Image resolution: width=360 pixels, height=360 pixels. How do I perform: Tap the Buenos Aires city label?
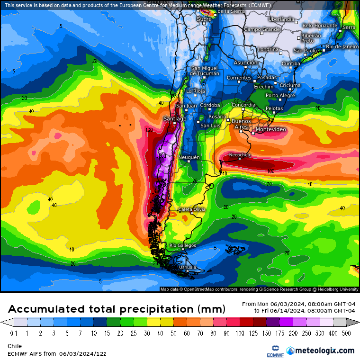pyautogui.click(x=241, y=124)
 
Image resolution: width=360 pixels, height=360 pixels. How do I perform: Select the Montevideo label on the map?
pyautogui.click(x=270, y=129)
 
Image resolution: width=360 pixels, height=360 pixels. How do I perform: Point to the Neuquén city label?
pyautogui.click(x=189, y=157)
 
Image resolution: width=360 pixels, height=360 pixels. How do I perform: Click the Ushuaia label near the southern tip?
pyautogui.click(x=187, y=267)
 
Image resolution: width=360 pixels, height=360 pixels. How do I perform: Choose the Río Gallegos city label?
pyautogui.click(x=182, y=245)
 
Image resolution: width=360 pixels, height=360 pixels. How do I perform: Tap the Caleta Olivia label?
pyautogui.click(x=192, y=209)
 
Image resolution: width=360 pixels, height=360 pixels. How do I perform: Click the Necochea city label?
pyautogui.click(x=239, y=155)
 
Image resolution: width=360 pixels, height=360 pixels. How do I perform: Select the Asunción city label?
pyautogui.click(x=245, y=63)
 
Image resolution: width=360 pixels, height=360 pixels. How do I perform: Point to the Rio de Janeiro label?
pyautogui.click(x=342, y=46)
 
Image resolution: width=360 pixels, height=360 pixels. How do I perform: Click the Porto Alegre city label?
pyautogui.click(x=280, y=95)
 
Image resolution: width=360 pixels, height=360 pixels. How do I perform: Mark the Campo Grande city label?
pyautogui.click(x=262, y=29)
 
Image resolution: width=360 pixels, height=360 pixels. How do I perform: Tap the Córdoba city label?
pyautogui.click(x=210, y=105)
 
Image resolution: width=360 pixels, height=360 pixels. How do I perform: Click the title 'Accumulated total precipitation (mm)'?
pyautogui.click(x=117, y=309)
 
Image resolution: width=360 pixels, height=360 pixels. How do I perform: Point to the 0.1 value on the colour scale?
pyautogui.click(x=14, y=333)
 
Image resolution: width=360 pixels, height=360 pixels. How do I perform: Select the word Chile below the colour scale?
pyautogui.click(x=15, y=346)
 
